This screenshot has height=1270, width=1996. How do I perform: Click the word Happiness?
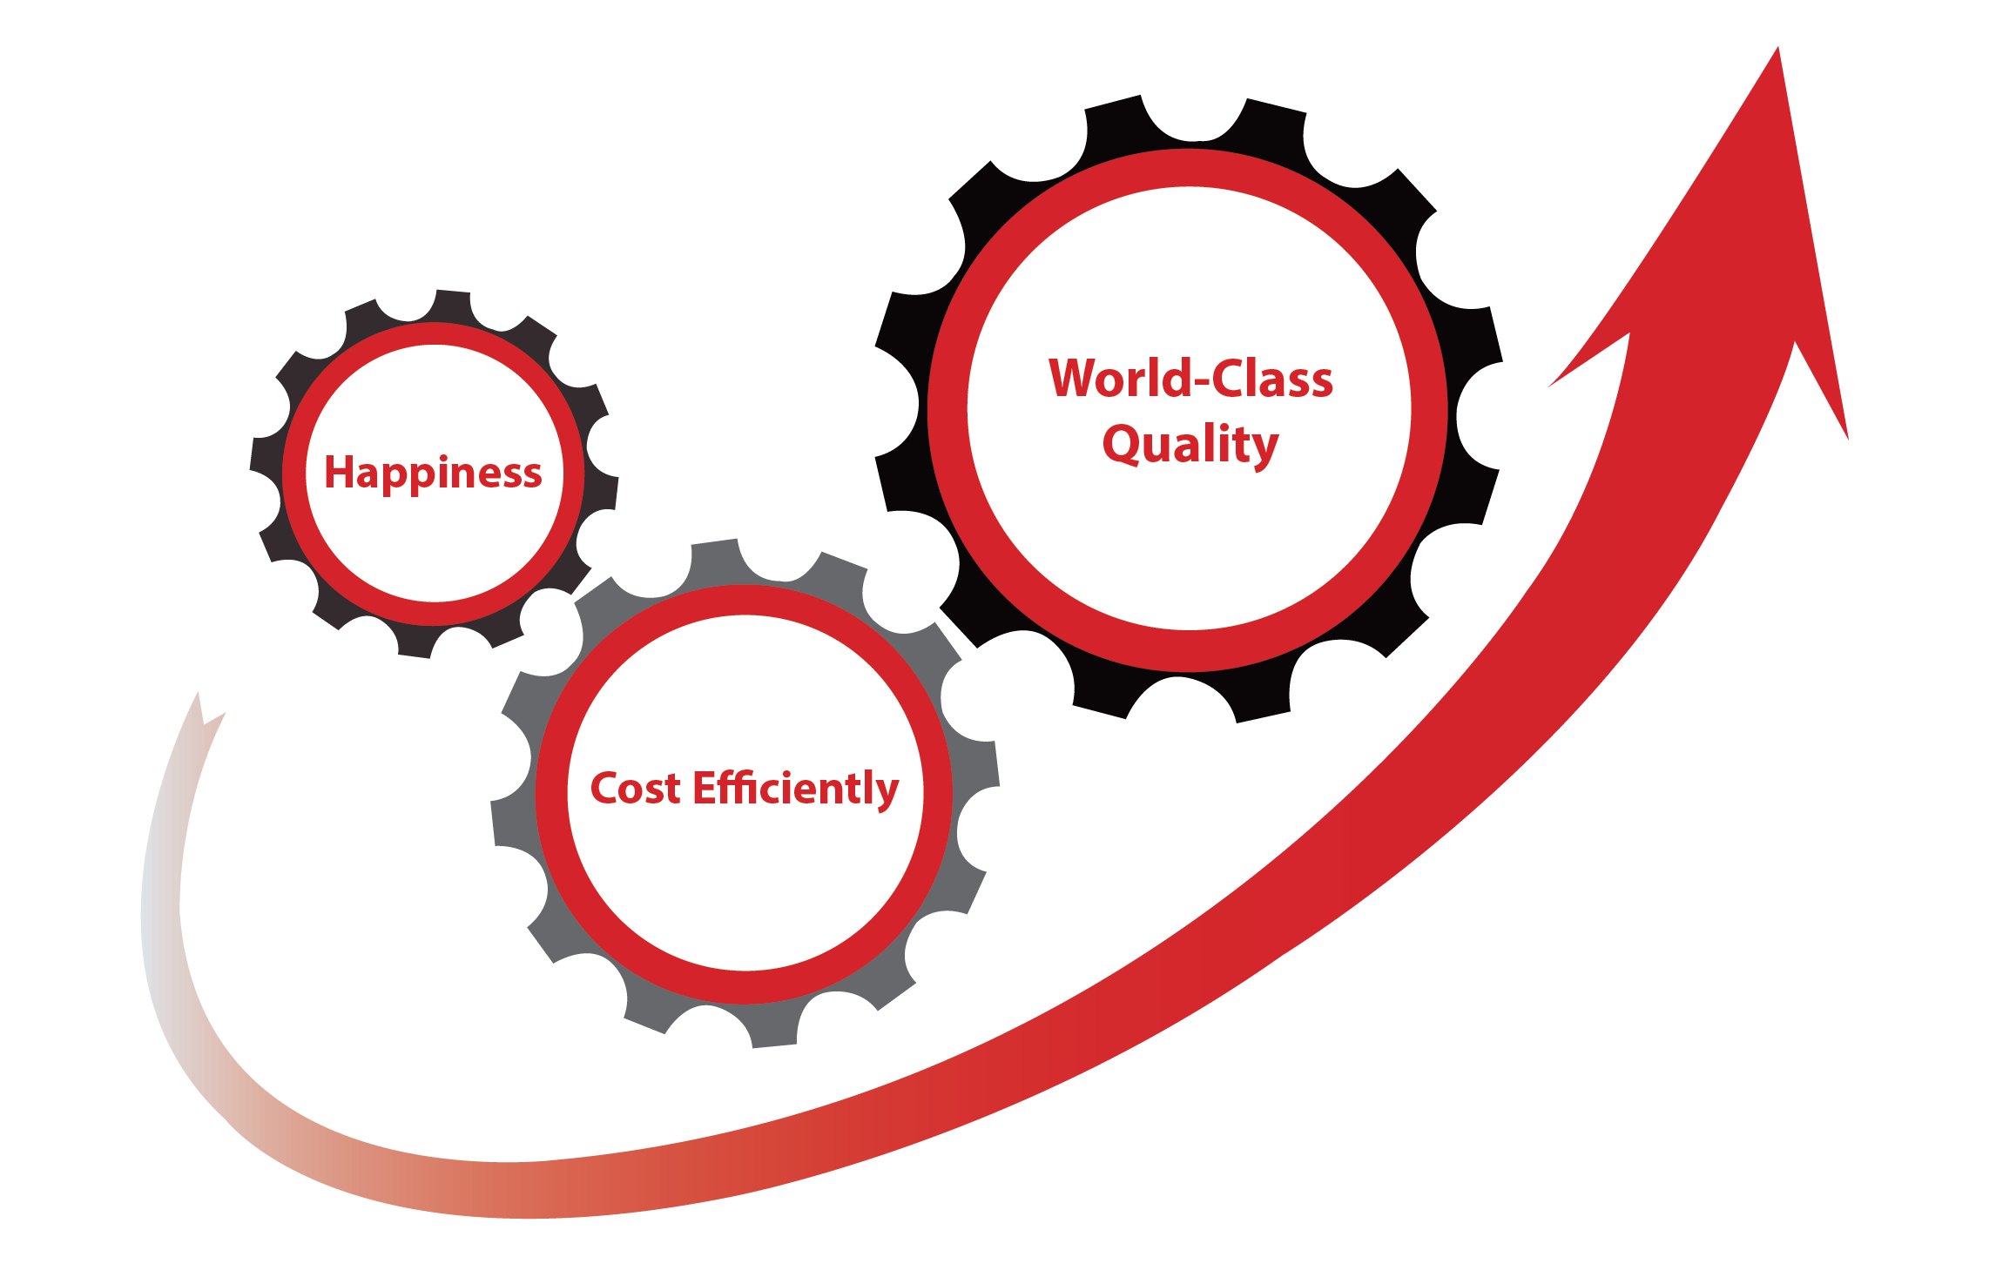click(x=433, y=474)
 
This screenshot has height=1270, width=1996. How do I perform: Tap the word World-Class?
click(x=1190, y=379)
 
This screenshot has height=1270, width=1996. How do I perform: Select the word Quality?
click(x=1190, y=446)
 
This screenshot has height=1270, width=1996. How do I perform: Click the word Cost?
click(x=635, y=789)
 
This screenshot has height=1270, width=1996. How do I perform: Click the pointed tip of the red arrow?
click(x=1777, y=48)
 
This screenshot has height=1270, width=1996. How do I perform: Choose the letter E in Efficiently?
click(x=705, y=788)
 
